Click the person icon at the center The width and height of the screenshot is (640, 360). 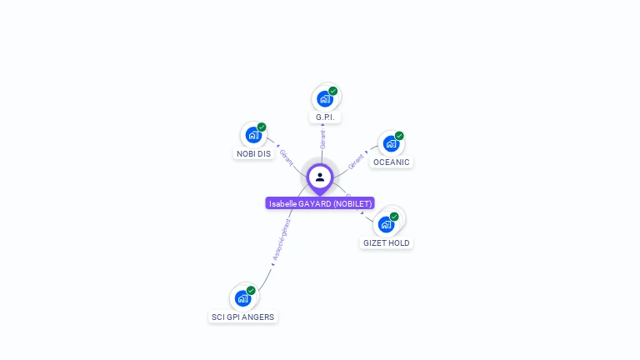pyautogui.click(x=320, y=177)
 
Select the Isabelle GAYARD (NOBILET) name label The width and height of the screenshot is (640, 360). pyautogui.click(x=320, y=203)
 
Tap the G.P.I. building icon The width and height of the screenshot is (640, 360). pyautogui.click(x=325, y=98)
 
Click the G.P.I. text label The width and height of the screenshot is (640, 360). pyautogui.click(x=325, y=117)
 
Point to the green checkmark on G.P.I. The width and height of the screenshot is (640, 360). pyautogui.click(x=333, y=91)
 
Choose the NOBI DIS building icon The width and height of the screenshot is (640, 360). pyautogui.click(x=253, y=135)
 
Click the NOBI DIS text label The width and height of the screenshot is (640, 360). pyautogui.click(x=253, y=154)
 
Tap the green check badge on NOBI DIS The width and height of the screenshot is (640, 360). pyautogui.click(x=262, y=127)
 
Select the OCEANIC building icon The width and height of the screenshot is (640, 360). pyautogui.click(x=391, y=143)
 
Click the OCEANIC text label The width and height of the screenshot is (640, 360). pyautogui.click(x=391, y=162)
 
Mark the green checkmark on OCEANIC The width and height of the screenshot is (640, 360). pyautogui.click(x=399, y=136)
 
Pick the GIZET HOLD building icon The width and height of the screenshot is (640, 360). pyautogui.click(x=386, y=224)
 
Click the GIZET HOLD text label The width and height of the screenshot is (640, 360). pyautogui.click(x=386, y=243)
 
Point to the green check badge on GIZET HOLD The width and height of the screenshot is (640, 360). pyautogui.click(x=394, y=217)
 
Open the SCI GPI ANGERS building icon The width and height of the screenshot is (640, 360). pyautogui.click(x=242, y=297)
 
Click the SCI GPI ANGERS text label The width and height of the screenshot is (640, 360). pyautogui.click(x=242, y=317)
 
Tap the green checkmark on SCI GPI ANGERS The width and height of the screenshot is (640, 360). pyautogui.click(x=251, y=291)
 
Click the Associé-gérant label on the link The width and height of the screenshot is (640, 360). pyautogui.click(x=282, y=241)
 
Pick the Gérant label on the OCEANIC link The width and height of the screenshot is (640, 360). pyautogui.click(x=356, y=160)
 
